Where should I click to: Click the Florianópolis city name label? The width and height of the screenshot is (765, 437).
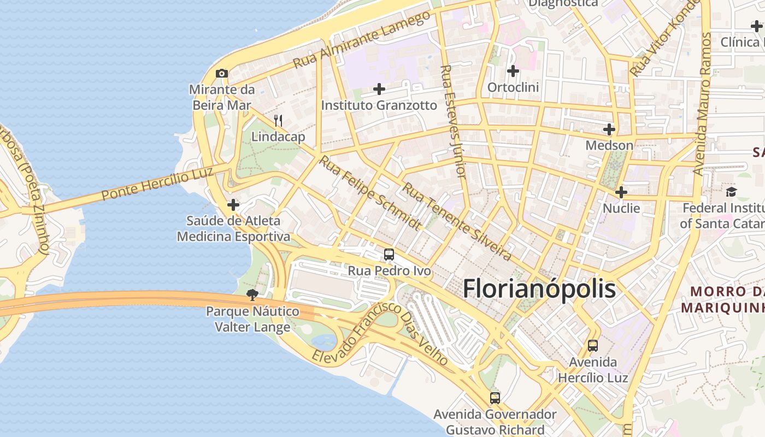point(539,289)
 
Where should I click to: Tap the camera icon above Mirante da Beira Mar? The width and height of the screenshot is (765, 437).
point(221,73)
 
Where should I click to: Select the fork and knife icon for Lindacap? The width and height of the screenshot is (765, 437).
point(278,121)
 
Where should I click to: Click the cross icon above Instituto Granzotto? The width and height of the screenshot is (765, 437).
point(379,89)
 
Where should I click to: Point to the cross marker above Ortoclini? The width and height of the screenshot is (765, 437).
point(513,71)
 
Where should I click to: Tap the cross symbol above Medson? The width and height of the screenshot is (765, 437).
point(609,129)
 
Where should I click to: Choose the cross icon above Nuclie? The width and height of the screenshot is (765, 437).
point(621,192)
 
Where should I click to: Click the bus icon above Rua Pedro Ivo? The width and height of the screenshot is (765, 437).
point(389,254)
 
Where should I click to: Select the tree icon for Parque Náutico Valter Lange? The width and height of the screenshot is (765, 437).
point(252,295)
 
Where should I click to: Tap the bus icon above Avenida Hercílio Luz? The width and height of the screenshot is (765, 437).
point(593,345)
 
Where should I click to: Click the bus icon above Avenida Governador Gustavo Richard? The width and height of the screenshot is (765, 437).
point(495,398)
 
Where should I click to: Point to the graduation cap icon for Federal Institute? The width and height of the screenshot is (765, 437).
point(731,192)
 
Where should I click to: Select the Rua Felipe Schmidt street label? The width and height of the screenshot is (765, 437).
point(370,193)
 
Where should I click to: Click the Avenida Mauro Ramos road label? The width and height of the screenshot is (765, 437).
point(703,104)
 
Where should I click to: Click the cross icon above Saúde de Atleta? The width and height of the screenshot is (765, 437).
point(233,205)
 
